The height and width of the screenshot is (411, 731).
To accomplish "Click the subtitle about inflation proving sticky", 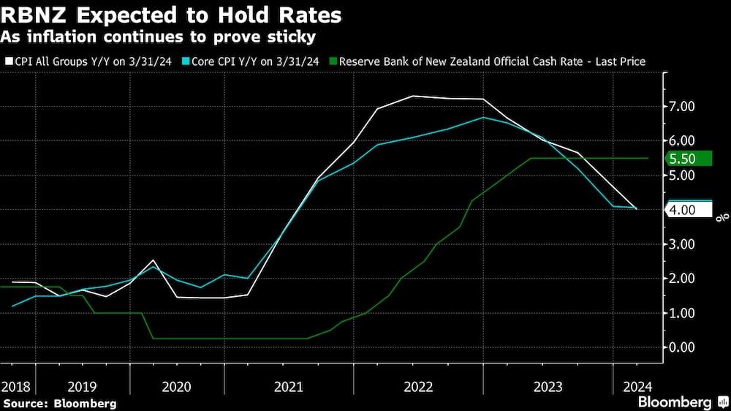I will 159,35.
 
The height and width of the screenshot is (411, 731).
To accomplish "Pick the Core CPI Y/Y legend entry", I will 254,62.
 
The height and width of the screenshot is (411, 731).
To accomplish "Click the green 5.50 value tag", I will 689,159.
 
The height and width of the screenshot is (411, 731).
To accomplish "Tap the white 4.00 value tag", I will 689,210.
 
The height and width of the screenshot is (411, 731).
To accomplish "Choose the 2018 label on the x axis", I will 15,385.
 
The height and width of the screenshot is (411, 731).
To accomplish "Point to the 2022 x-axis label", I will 420,385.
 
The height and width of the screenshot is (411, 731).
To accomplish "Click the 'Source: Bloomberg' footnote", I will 59,402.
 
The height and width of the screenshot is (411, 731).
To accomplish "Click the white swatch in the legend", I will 8,62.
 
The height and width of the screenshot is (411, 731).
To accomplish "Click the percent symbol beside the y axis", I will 720,216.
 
